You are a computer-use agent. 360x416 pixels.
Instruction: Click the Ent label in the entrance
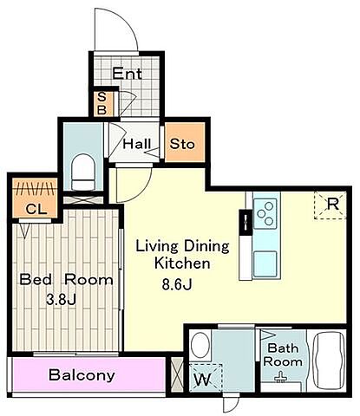(128, 74)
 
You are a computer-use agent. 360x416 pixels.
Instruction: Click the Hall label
(137, 144)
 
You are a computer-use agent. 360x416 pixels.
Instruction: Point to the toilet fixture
(83, 172)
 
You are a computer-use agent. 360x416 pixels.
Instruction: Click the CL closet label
(36, 209)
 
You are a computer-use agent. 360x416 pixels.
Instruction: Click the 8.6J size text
(177, 285)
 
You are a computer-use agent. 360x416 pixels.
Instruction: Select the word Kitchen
(182, 263)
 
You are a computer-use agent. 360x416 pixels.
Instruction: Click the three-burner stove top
(265, 213)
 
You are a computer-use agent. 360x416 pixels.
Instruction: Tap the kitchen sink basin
(265, 263)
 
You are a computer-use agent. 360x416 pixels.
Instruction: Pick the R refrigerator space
(331, 205)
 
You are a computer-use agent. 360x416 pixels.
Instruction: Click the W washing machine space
(206, 378)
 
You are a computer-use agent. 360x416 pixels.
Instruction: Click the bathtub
(330, 361)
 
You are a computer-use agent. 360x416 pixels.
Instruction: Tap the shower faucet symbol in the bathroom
(280, 378)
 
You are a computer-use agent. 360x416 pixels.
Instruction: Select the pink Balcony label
(82, 375)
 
